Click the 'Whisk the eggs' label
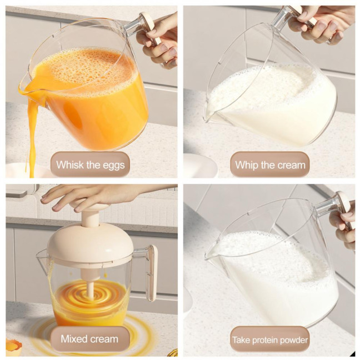pyautogui.click(x=91, y=164)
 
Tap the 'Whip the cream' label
pyautogui.click(x=270, y=164)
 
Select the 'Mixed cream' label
pyautogui.click(x=89, y=339)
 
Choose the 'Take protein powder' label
pyautogui.click(x=270, y=339)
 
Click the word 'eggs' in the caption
pyautogui.click(x=113, y=165)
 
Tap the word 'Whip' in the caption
pyautogui.click(x=248, y=164)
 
